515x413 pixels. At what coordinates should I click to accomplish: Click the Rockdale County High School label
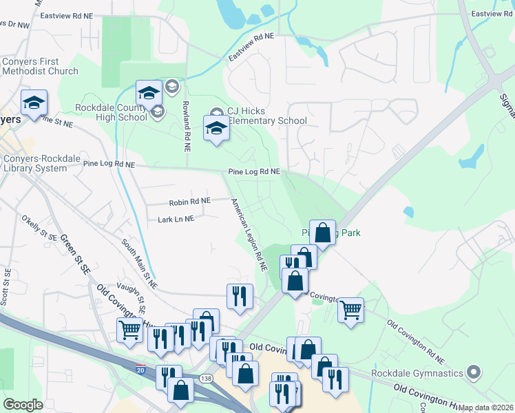point(112,112)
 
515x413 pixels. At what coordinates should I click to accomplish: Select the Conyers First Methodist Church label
point(40,66)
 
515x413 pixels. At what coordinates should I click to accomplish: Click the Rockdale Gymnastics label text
point(417,374)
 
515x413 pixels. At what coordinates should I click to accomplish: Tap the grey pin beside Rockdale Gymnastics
point(472,373)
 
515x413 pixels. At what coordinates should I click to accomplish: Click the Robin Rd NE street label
point(189,202)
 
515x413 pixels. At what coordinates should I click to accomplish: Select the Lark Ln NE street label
point(176,219)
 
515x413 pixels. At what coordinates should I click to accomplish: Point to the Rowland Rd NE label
point(187,125)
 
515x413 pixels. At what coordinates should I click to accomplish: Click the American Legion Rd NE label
point(249,234)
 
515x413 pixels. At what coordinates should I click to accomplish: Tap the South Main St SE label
point(140,263)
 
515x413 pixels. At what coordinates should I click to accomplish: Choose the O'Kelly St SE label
point(39,226)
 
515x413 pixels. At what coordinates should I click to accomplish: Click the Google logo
point(23,405)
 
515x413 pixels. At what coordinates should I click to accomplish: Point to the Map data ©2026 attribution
point(486,407)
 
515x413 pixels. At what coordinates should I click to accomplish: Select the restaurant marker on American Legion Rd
point(240,296)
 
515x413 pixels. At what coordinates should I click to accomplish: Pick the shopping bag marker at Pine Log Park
point(322,232)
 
